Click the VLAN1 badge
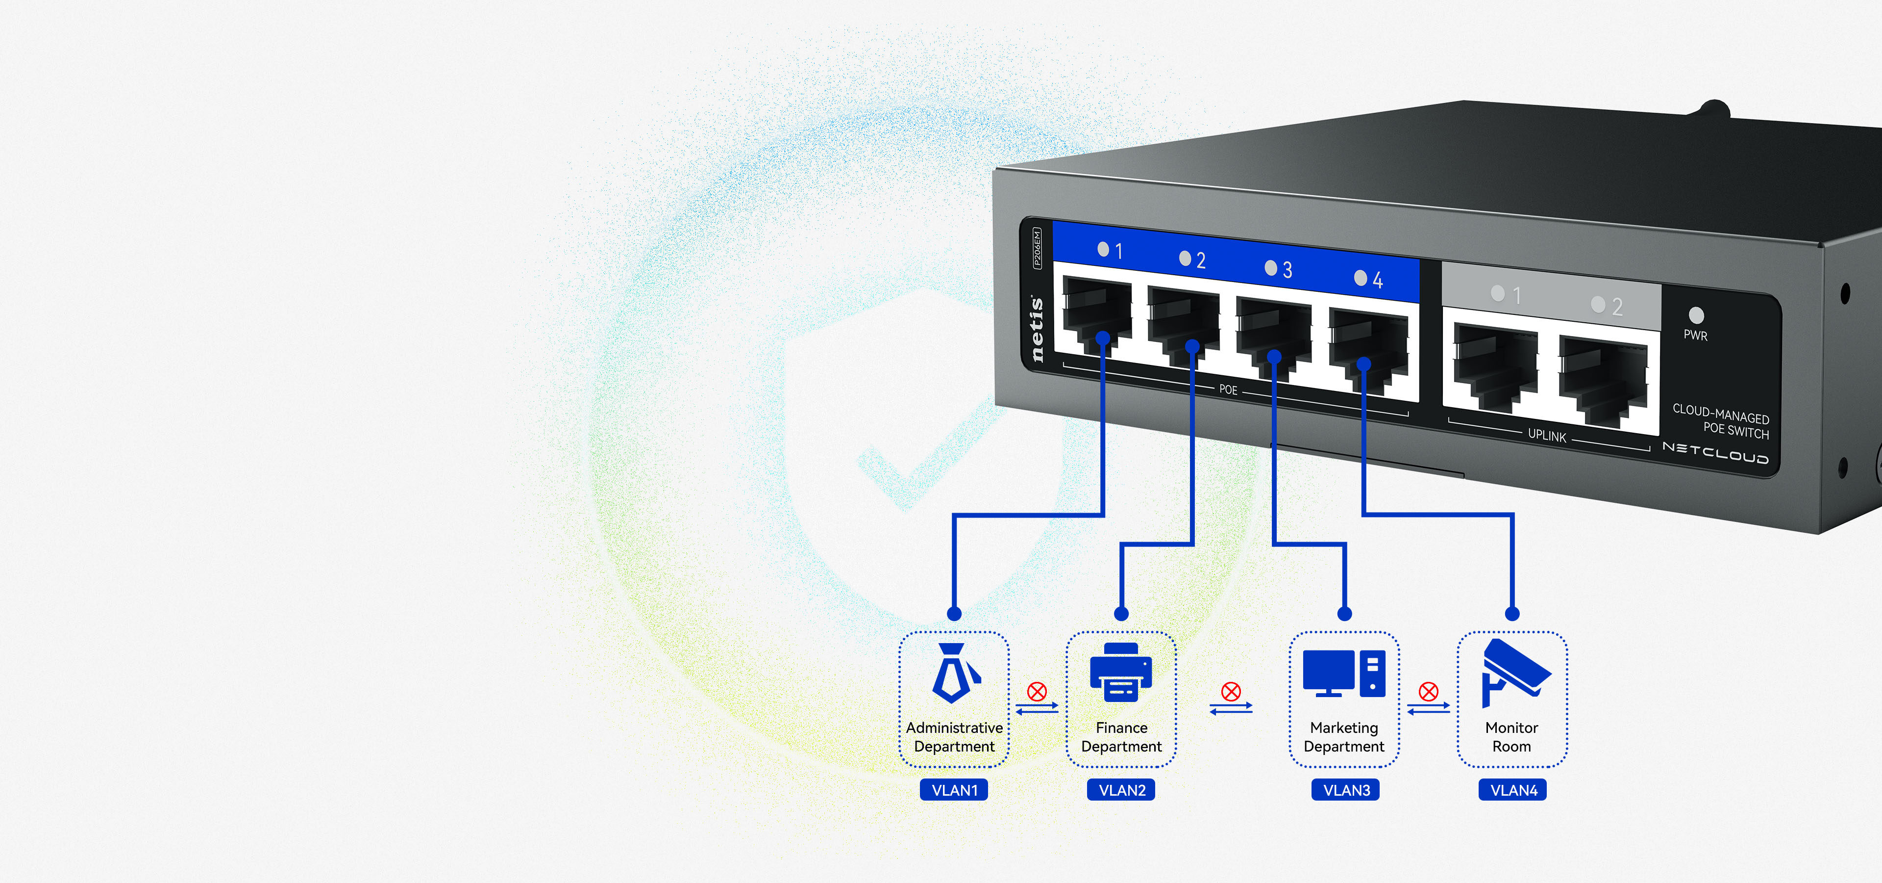(953, 790)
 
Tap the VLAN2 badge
(1121, 790)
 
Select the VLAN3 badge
(1346, 790)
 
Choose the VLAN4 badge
(1513, 790)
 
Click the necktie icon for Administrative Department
(953, 673)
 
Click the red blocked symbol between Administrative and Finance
(1037, 692)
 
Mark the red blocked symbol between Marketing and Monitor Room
(1428, 692)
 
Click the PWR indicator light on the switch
(1696, 315)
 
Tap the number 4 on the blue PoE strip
(1378, 280)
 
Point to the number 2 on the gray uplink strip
(1617, 307)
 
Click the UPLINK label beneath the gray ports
(1547, 436)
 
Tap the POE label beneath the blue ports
(1228, 390)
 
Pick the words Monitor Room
(1511, 737)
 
